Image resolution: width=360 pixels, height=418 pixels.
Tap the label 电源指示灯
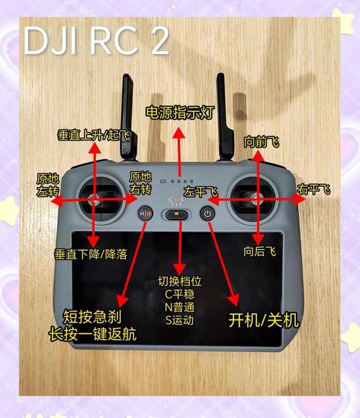[x=179, y=113]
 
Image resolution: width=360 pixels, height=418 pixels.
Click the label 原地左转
[x=48, y=185]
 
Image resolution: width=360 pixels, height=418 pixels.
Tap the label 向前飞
[x=261, y=142]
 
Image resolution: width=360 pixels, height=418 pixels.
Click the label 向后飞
[x=259, y=252]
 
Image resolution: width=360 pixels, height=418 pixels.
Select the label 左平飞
[x=199, y=192]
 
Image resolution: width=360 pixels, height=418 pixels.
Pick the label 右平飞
[x=314, y=190]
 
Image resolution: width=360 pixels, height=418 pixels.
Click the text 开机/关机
[x=264, y=319]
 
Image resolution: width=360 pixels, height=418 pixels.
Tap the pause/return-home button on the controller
[x=145, y=213]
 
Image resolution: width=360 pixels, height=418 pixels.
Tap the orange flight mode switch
[x=176, y=213]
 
